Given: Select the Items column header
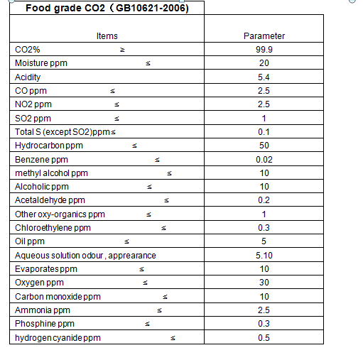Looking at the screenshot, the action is [107, 36].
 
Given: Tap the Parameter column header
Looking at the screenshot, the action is [264, 36].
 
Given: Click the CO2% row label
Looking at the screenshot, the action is [27, 50].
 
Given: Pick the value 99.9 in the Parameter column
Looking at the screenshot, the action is [264, 50].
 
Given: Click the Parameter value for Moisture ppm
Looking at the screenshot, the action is [264, 64].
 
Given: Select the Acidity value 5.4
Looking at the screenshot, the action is [264, 77].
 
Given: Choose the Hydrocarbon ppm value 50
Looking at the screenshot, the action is [264, 146].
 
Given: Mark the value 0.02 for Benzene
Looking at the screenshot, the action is [264, 160].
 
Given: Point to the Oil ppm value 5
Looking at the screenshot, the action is [264, 241].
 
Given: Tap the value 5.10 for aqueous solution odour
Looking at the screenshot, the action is [264, 255].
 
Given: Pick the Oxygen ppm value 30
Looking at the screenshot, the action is [264, 283].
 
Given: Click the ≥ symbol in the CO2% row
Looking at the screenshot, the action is [121, 50].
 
